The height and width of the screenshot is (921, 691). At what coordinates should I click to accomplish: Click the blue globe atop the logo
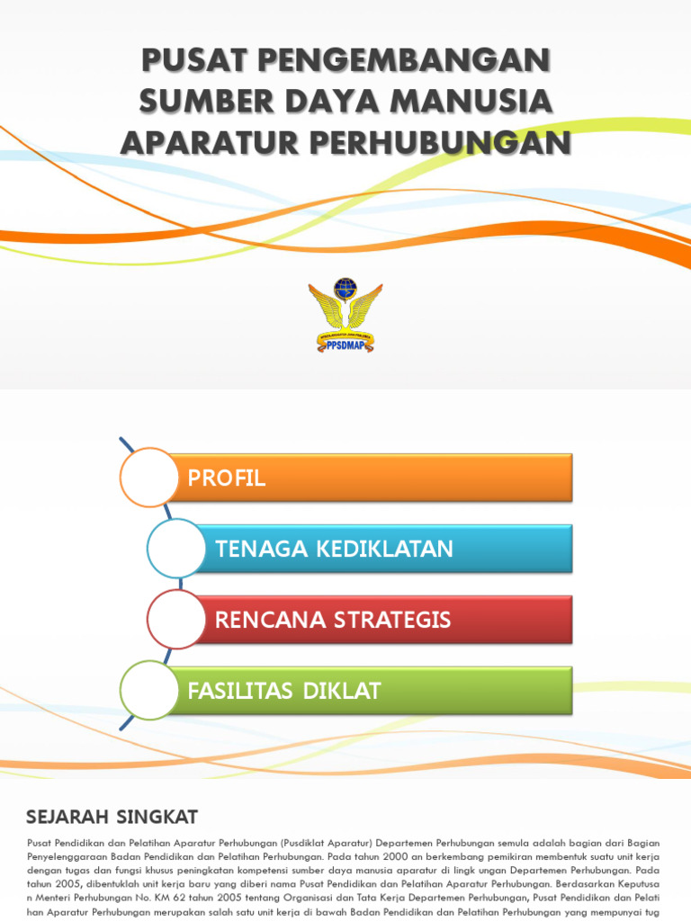pos(345,289)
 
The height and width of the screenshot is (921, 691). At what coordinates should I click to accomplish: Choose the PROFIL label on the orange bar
pos(227,478)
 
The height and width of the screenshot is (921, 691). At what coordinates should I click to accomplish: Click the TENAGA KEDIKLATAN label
pos(333,549)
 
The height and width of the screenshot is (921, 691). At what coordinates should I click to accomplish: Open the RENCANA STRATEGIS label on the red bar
pos(332,620)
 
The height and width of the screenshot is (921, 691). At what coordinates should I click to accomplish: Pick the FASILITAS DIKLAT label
pos(284,691)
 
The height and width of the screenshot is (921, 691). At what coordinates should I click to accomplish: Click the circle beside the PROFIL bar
pos(148,477)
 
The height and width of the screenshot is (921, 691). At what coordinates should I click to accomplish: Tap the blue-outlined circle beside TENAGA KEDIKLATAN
pos(176,548)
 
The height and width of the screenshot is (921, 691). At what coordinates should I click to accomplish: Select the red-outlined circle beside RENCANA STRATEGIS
pos(176,619)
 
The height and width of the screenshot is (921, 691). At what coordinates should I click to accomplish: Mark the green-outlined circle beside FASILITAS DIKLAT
pos(148,690)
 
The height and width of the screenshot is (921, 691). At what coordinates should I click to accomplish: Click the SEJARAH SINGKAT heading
pos(112,817)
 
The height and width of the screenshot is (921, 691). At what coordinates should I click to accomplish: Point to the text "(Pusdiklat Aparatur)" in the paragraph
pos(319,843)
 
